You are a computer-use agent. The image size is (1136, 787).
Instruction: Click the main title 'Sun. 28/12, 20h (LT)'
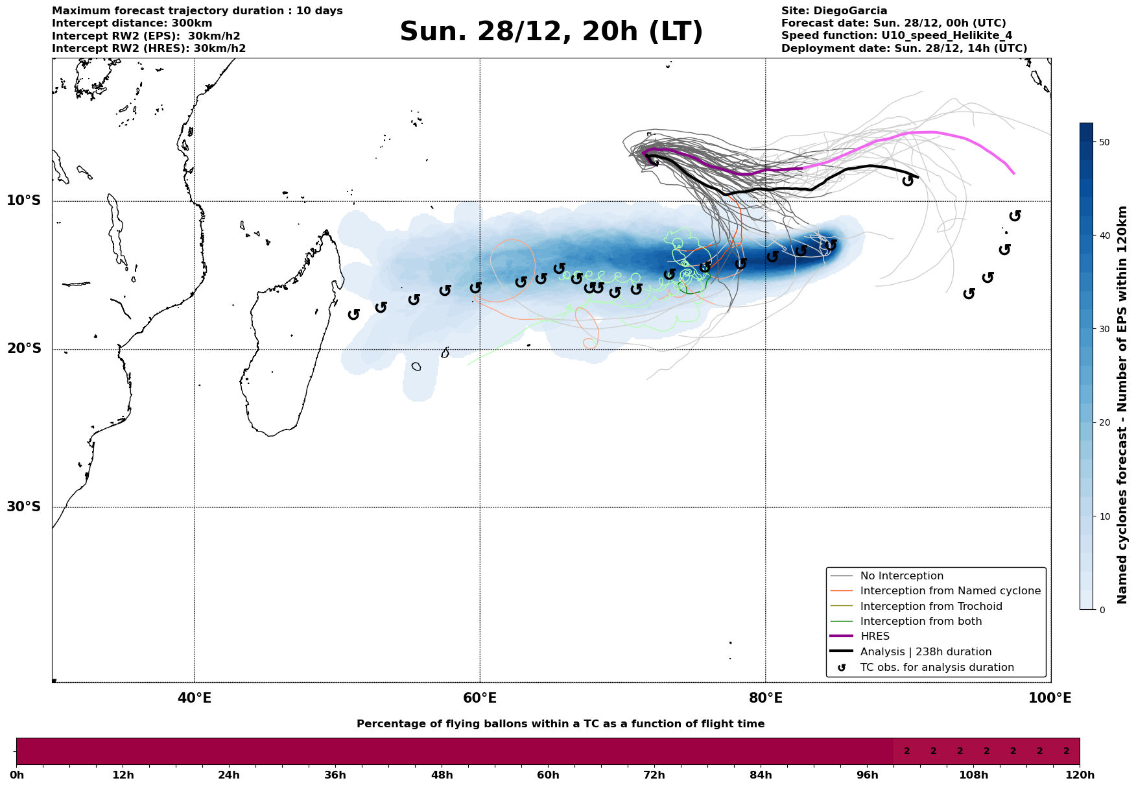point(551,32)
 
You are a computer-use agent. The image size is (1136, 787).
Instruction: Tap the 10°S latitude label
point(24,200)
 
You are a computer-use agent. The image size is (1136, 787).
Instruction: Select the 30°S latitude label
point(24,507)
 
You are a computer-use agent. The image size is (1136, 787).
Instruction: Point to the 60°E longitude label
point(480,698)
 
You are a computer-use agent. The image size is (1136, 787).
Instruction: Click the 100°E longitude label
point(1050,698)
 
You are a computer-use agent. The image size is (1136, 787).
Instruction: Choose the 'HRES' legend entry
point(875,636)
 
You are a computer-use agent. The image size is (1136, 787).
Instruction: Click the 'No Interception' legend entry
point(901,576)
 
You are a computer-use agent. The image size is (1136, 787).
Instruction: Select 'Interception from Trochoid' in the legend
point(930,607)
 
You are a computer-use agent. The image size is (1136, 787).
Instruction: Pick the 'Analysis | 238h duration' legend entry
point(925,652)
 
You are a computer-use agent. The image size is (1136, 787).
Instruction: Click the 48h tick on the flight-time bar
point(442,775)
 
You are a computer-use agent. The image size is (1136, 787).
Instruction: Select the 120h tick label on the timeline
point(1080,775)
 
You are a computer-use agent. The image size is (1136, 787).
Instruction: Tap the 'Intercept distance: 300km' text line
point(132,23)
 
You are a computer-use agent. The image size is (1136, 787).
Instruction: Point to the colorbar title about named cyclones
point(1122,405)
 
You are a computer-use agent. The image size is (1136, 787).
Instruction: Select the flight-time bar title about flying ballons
point(560,724)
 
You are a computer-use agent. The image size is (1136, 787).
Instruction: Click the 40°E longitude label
point(195,698)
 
